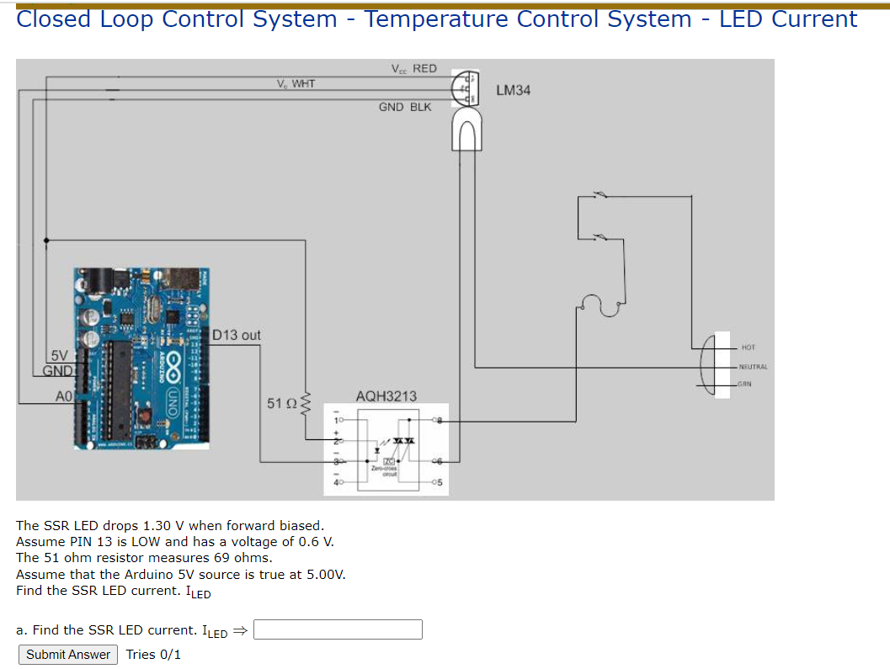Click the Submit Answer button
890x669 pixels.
68,655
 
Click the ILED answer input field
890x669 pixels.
338,629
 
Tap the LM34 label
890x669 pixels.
514,90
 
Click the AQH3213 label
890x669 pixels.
386,396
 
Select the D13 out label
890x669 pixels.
236,335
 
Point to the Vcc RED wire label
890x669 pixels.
413,68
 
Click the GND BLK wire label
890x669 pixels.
405,107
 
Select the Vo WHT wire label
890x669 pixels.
296,83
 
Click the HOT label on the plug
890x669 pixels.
749,347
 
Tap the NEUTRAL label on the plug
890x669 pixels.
754,366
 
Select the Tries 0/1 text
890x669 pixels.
153,655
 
